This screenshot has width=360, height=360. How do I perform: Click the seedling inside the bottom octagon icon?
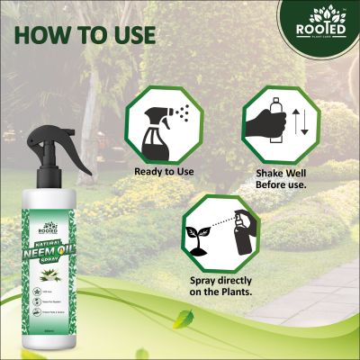pyautogui.click(x=194, y=236)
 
